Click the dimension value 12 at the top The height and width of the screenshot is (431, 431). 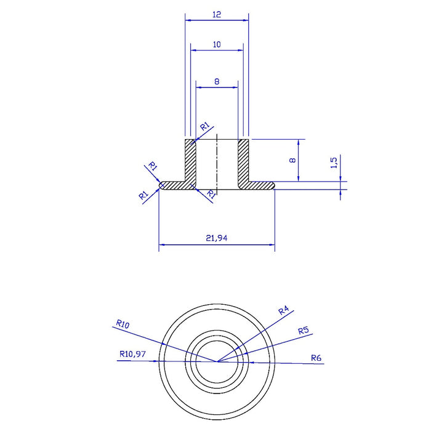click(x=217, y=14)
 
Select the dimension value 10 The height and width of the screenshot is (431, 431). click(x=217, y=44)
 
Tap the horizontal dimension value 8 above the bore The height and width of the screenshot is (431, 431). click(x=217, y=82)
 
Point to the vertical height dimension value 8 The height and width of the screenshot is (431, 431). click(x=292, y=160)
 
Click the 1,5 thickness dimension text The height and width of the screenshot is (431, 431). click(x=334, y=163)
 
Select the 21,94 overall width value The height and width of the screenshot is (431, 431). click(x=217, y=238)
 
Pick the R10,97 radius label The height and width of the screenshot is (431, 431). click(x=132, y=354)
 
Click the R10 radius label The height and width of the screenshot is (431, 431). click(x=123, y=324)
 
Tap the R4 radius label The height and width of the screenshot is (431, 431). click(x=284, y=310)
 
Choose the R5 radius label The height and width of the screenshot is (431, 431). click(x=304, y=331)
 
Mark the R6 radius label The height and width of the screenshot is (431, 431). click(x=316, y=358)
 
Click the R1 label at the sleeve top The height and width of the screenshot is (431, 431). click(x=204, y=127)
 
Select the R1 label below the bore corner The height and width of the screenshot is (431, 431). click(x=211, y=194)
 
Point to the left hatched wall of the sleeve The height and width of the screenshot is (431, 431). click(x=190, y=161)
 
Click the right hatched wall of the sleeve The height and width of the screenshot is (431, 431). click(x=243, y=161)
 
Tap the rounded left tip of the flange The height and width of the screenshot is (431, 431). click(x=161, y=185)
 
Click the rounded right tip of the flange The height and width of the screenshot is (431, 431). click(x=273, y=185)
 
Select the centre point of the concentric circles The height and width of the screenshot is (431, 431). click(x=217, y=361)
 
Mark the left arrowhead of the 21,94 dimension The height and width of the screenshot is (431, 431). click(x=161, y=244)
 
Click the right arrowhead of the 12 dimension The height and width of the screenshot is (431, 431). click(x=246, y=20)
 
